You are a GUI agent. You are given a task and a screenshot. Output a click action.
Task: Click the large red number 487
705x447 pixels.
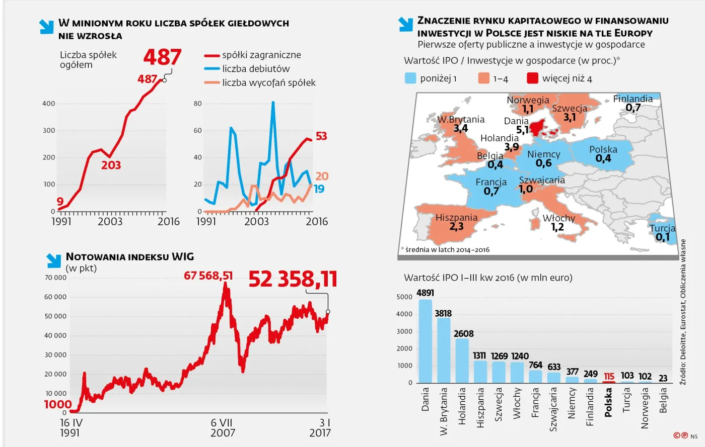click(162, 57)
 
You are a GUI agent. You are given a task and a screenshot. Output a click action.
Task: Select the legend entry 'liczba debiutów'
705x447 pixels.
click(256, 69)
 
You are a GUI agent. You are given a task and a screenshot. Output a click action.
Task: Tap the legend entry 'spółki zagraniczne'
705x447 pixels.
click(261, 55)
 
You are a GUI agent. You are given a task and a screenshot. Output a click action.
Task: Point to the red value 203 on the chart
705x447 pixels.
click(111, 165)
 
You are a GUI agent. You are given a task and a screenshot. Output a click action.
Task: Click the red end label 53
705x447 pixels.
click(321, 136)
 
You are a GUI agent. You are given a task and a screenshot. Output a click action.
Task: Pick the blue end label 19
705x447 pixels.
click(319, 189)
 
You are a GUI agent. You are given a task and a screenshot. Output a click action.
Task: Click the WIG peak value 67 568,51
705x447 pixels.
click(208, 276)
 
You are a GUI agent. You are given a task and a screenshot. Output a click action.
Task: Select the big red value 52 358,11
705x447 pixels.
click(293, 279)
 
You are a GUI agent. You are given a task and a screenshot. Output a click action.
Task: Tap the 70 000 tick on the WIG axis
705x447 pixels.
click(55, 278)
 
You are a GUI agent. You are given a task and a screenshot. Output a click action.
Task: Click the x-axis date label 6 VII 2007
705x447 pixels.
click(223, 427)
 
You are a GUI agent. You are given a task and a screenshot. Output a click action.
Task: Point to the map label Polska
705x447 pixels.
click(603, 149)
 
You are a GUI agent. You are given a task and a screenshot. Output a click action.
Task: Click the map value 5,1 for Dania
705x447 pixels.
click(523, 130)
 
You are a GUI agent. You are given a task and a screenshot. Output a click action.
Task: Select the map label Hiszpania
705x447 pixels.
click(456, 218)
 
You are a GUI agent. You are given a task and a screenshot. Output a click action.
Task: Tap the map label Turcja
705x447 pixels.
click(662, 228)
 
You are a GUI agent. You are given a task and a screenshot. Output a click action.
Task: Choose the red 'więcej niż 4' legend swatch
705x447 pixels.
click(532, 78)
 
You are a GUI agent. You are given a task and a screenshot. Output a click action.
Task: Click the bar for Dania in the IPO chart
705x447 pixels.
click(426, 341)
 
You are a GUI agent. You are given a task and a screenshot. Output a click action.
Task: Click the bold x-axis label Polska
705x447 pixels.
click(608, 402)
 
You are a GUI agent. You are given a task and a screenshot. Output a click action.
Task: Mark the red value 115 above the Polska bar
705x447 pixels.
click(609, 376)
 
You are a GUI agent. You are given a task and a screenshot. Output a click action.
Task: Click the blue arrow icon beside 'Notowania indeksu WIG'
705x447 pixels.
click(54, 260)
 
